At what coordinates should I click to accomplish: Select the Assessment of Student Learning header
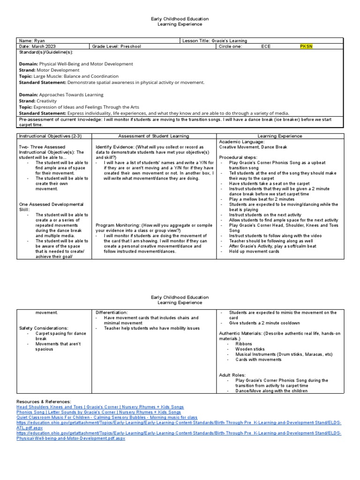pyautogui.click(x=154, y=136)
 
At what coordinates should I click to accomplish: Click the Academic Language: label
pyautogui.click(x=239, y=142)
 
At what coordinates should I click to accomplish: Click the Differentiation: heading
pyautogui.click(x=112, y=312)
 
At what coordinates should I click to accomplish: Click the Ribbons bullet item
pyautogui.click(x=243, y=344)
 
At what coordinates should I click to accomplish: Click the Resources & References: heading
pyautogui.click(x=44, y=402)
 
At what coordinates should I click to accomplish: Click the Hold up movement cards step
pyautogui.click(x=254, y=251)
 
